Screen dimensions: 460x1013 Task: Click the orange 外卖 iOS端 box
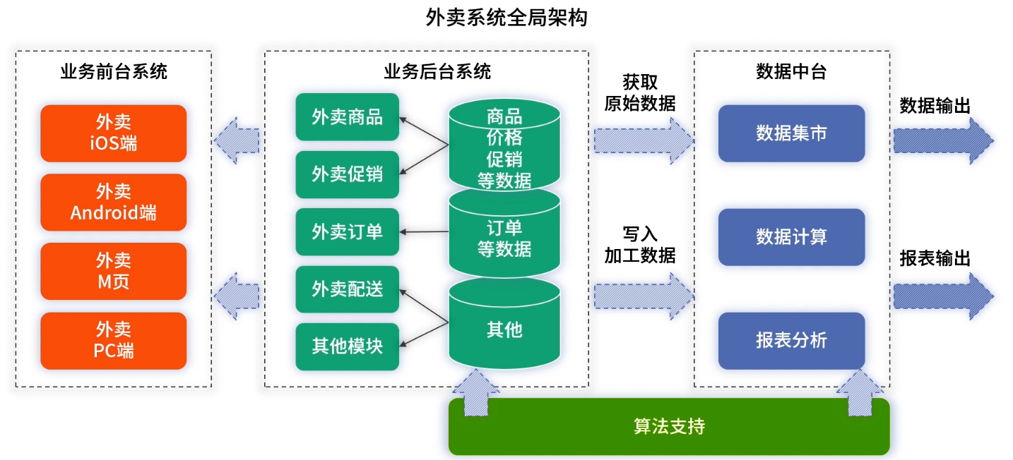[x=114, y=133]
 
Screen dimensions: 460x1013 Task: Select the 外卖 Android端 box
[x=114, y=202]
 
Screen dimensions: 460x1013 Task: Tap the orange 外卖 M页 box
[x=114, y=272]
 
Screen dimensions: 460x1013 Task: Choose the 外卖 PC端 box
[x=114, y=341]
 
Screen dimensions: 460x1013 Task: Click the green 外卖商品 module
[x=347, y=116]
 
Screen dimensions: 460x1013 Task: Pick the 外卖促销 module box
[x=347, y=174]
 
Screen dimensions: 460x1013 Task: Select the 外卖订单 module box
[x=347, y=231]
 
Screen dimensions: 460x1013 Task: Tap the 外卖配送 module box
[x=347, y=289]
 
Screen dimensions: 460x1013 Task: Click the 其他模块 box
[x=347, y=346]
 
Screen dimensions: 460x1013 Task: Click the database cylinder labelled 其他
[x=504, y=330]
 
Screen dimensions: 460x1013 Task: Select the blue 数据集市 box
[x=791, y=133]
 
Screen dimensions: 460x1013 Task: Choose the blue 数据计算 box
[x=791, y=237]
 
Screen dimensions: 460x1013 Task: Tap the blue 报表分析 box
[x=791, y=341]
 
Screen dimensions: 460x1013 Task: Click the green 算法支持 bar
[x=668, y=427]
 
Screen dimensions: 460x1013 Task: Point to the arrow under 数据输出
[x=943, y=140]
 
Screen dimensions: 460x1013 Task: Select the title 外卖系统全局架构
[x=506, y=17]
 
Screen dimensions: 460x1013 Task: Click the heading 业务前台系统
[x=114, y=71]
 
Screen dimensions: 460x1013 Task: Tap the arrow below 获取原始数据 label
[x=643, y=140]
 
